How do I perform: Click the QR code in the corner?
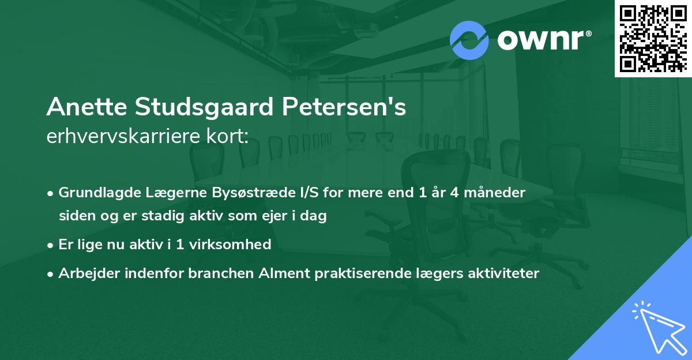tap(653, 38)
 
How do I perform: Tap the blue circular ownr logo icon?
tap(469, 40)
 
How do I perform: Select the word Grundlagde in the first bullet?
tap(94, 193)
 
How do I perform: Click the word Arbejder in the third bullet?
tap(84, 273)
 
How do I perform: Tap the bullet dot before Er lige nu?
tap(51, 245)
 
